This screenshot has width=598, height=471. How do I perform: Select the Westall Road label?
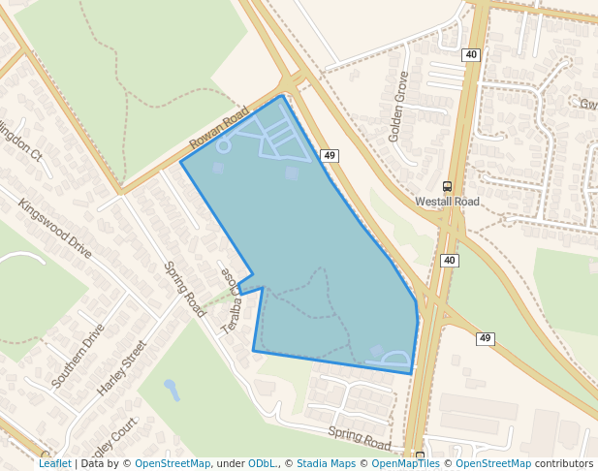point(447,202)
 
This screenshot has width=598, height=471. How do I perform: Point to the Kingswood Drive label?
point(54,229)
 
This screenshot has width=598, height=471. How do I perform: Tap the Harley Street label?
point(121,367)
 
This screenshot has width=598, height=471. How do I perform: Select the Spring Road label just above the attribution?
point(359,438)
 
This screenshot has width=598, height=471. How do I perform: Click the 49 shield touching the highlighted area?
point(330,155)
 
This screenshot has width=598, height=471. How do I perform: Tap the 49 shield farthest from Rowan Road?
point(486,338)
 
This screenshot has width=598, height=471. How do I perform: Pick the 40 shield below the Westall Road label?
point(449,261)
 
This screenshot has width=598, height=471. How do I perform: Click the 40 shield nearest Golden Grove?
point(471,54)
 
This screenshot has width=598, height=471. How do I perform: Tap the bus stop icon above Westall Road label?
point(447,186)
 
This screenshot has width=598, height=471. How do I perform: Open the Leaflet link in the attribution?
point(55,463)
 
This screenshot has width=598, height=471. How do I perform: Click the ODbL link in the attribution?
point(261,463)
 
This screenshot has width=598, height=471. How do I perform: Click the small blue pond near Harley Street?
point(172,388)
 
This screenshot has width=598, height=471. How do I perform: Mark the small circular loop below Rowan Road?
point(223,146)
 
